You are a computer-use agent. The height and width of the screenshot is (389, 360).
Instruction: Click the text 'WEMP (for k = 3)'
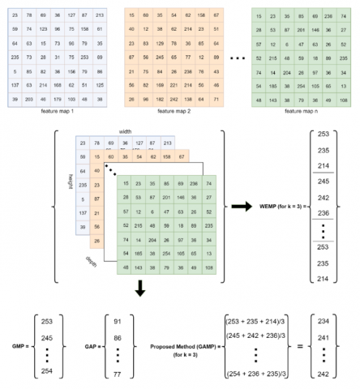(x=278, y=207)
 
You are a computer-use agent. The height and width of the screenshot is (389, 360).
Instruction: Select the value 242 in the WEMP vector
(x=324, y=198)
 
